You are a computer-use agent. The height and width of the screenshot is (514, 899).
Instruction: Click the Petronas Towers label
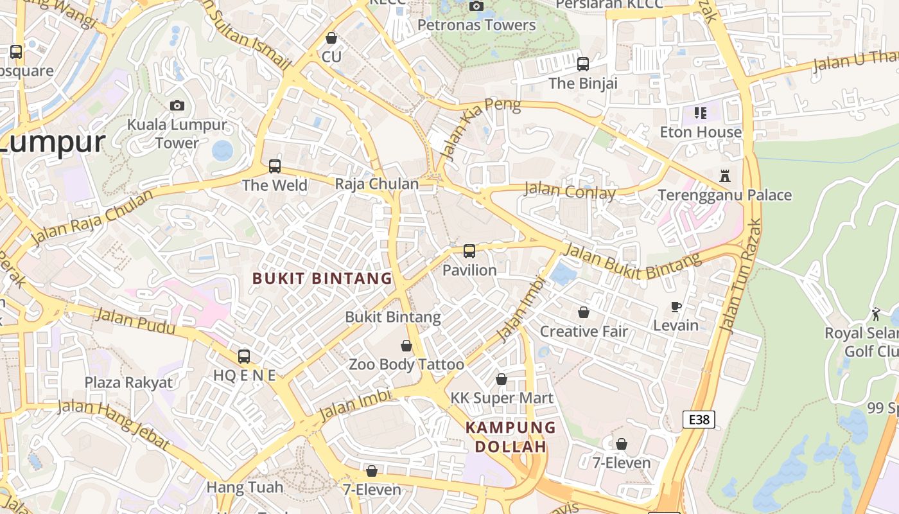pyautogui.click(x=476, y=25)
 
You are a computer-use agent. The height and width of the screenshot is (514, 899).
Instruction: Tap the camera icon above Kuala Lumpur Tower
pyautogui.click(x=177, y=105)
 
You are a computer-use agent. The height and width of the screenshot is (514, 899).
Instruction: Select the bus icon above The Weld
pyautogui.click(x=275, y=166)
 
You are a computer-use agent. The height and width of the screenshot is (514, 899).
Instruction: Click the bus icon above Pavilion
pyautogui.click(x=469, y=251)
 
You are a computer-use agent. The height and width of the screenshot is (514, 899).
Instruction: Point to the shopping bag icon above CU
pyautogui.click(x=331, y=39)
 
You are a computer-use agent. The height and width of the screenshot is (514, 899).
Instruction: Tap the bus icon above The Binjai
pyautogui.click(x=583, y=64)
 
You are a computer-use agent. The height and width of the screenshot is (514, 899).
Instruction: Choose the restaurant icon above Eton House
pyautogui.click(x=701, y=113)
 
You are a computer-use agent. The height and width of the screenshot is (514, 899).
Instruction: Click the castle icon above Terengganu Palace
pyautogui.click(x=725, y=175)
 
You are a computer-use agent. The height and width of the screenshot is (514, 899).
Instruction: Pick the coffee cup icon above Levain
pyautogui.click(x=676, y=306)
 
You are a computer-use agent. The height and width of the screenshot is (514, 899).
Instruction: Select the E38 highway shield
pyautogui.click(x=698, y=420)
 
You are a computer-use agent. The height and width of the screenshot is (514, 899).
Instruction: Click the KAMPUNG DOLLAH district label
pyautogui.click(x=511, y=437)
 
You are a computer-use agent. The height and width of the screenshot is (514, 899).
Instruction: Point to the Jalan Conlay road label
pyautogui.click(x=570, y=191)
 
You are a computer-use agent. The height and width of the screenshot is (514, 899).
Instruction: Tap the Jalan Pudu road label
pyautogui.click(x=135, y=321)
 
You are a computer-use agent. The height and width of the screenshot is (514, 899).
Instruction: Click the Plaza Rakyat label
pyautogui.click(x=128, y=383)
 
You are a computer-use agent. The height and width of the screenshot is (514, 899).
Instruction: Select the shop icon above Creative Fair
pyautogui.click(x=584, y=312)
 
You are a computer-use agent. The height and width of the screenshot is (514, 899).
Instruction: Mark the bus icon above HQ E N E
pyautogui.click(x=244, y=357)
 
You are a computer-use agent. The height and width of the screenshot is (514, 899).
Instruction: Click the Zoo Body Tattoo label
pyautogui.click(x=406, y=365)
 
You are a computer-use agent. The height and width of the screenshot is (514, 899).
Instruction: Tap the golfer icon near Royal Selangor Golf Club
pyautogui.click(x=876, y=314)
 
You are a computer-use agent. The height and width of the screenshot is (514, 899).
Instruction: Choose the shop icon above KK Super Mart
pyautogui.click(x=502, y=379)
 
